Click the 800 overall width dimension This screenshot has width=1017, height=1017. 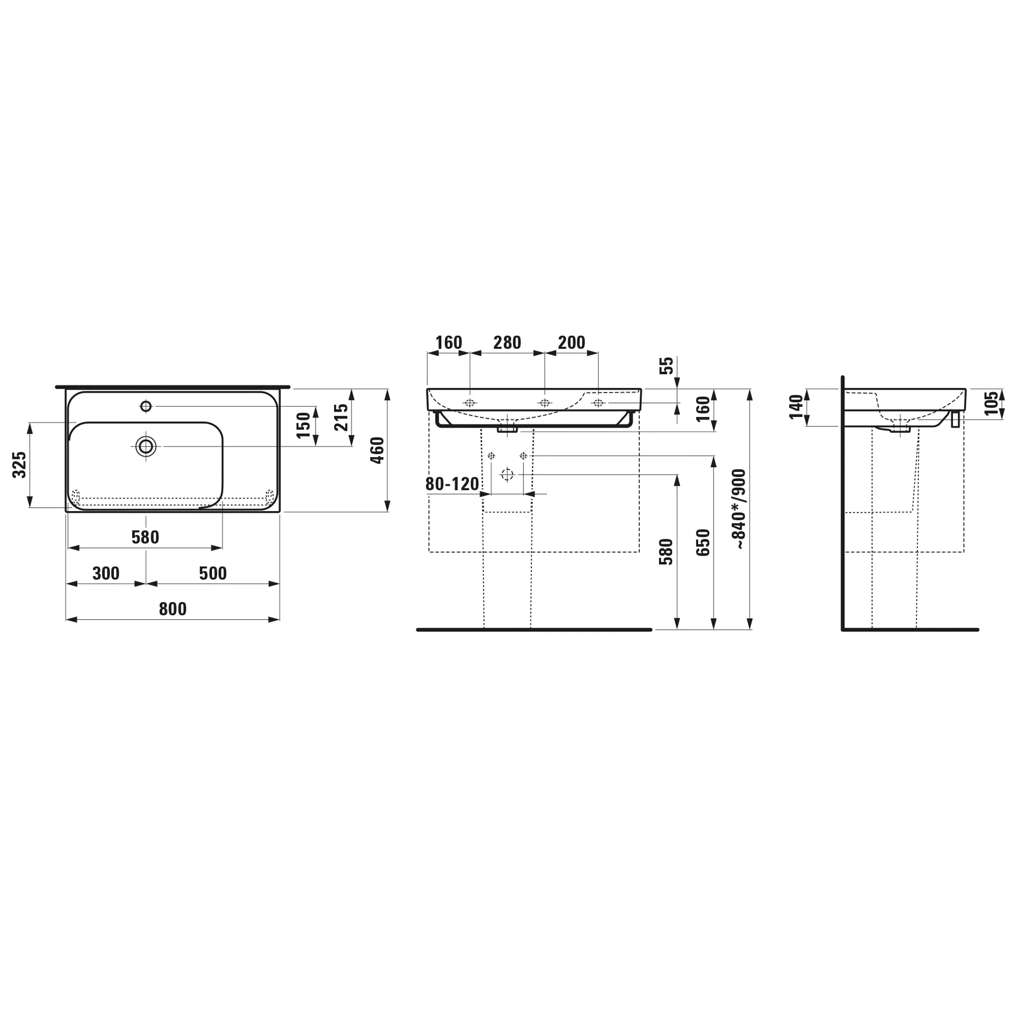click(173, 609)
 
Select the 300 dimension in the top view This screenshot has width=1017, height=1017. click(106, 573)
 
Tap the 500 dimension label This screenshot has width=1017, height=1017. click(213, 573)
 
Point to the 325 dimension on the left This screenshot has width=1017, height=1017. click(20, 465)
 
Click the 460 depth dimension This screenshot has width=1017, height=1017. click(377, 450)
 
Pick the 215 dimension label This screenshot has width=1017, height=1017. click(342, 417)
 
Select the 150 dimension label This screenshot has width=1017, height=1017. click(304, 425)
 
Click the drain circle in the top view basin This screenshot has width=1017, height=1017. click(146, 447)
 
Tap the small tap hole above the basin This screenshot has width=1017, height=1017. click(146, 406)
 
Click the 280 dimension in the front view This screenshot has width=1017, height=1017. click(507, 343)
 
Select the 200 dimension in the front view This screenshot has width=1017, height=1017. click(572, 343)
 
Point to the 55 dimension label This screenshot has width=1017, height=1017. click(667, 365)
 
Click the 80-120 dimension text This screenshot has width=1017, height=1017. click(452, 484)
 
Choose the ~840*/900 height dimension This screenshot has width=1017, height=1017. click(738, 508)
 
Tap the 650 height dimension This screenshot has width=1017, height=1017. click(703, 542)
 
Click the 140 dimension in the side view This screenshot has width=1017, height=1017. click(796, 407)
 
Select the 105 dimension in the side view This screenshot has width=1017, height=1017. click(992, 403)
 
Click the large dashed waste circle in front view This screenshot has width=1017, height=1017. click(507, 475)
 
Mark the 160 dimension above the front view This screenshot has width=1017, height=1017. click(449, 343)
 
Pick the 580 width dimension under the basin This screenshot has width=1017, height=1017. click(145, 537)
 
